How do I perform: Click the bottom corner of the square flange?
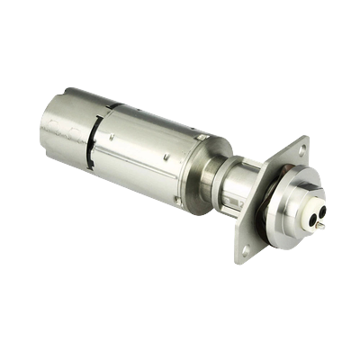(x=239, y=260)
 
